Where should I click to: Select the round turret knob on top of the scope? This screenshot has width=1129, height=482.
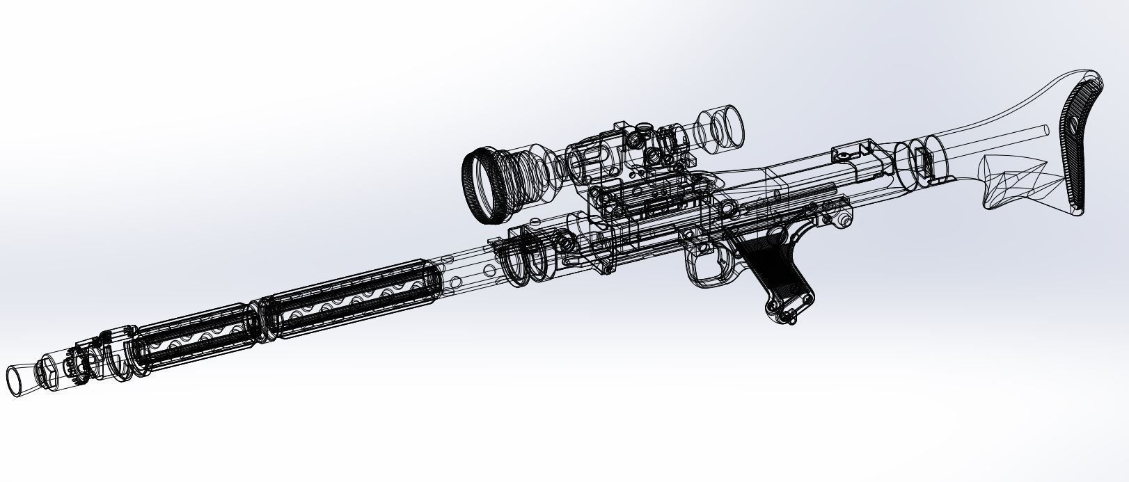(644, 129)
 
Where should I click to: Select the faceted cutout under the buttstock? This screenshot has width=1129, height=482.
(1009, 181)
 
